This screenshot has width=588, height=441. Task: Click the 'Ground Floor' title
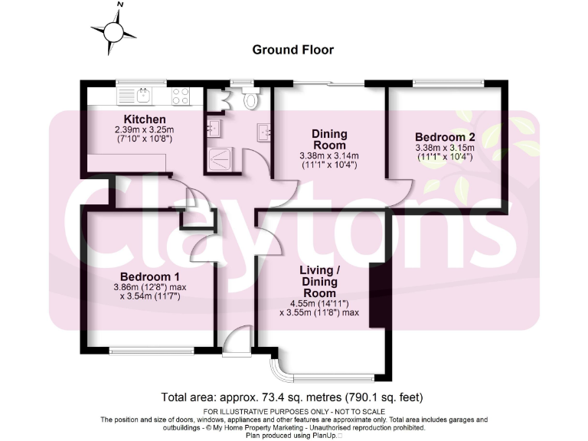(293, 50)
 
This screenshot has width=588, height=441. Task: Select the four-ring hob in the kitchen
(181, 96)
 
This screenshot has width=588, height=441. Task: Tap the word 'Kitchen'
(145, 119)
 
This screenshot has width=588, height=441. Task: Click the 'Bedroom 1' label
(149, 276)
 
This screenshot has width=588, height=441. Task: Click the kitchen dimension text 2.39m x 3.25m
(145, 130)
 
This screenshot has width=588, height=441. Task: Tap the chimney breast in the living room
(376, 295)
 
